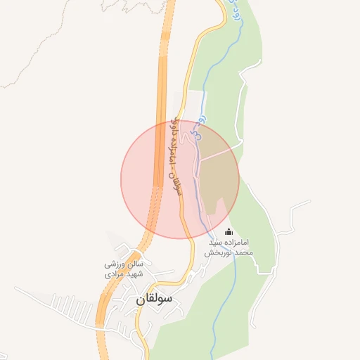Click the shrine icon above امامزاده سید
pos(228,232)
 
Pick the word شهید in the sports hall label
pos(131,274)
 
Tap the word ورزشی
pos(115,264)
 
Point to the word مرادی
pos(113,274)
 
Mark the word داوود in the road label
pos(175,127)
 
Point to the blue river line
pos(224,295)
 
